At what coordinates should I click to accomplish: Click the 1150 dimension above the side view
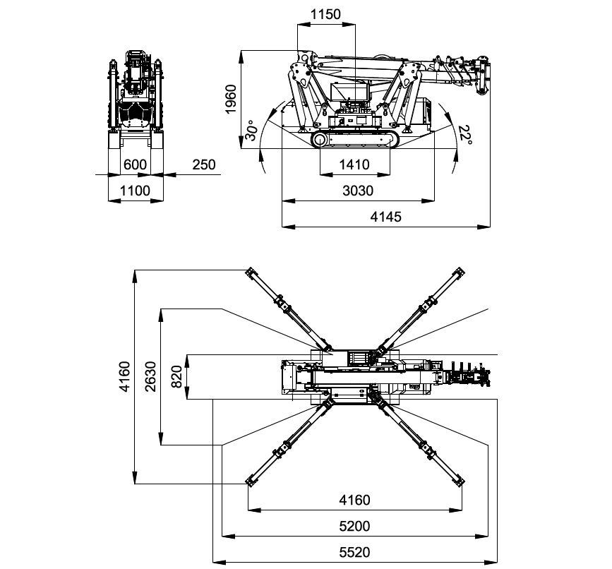coord(325,14)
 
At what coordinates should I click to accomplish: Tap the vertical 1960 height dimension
coord(231,98)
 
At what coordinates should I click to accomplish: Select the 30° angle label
coord(251,131)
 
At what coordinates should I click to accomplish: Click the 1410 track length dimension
coord(354,165)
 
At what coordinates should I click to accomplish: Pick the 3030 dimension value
coord(357,191)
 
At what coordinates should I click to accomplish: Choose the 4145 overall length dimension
coord(385,217)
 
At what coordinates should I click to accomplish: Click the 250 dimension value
coord(203,164)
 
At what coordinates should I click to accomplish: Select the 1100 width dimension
coord(136,191)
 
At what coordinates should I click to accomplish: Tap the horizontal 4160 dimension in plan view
coord(354,501)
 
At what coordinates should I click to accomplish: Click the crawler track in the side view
coord(355,140)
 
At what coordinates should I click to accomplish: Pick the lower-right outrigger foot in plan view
coord(461,481)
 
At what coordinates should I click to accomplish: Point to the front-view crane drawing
coord(136,99)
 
